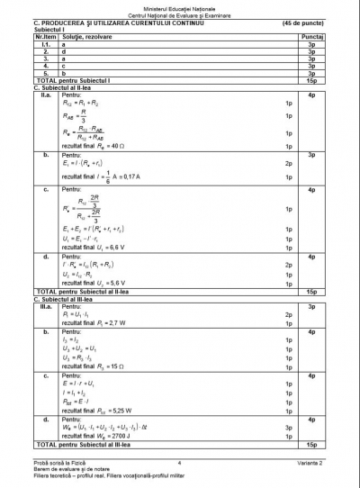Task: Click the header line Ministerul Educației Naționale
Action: [179, 6]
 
